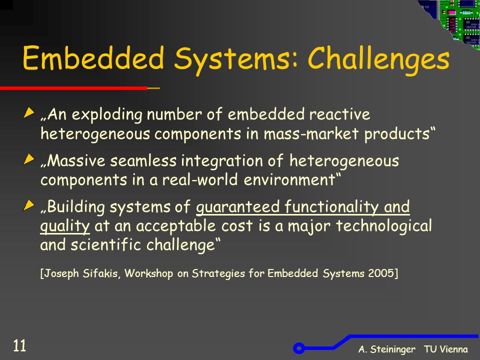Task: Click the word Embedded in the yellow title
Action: pos(93,57)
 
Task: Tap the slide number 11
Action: pos(19,345)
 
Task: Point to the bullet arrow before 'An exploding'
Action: pos(28,112)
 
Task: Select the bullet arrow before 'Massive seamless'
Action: pos(28,159)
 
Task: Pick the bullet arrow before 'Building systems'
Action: pos(28,205)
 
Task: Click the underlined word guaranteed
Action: pos(237,207)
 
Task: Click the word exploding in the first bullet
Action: pos(107,115)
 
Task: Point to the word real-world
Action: pos(200,179)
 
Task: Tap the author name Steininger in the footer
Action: pos(393,349)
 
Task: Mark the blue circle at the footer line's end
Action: pos(299,348)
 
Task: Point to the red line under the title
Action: pos(74,88)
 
